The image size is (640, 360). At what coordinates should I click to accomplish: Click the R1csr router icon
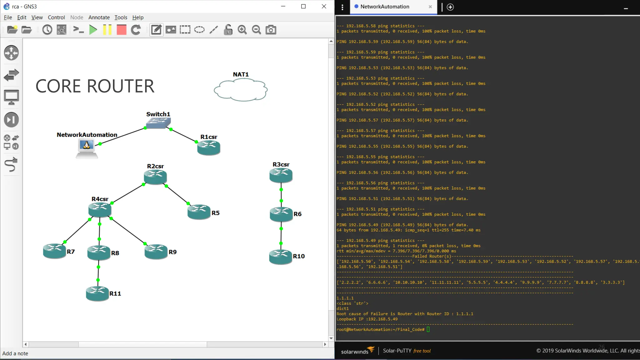click(208, 147)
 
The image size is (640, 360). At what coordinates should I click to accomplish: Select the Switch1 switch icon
click(158, 123)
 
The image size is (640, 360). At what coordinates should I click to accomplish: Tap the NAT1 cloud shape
click(241, 90)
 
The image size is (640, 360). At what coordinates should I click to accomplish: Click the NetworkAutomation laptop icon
click(87, 148)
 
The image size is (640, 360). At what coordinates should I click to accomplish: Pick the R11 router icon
click(97, 293)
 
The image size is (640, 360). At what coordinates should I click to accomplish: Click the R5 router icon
click(199, 212)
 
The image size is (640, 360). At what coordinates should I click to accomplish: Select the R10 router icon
click(280, 257)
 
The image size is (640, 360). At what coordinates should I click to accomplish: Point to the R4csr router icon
click(100, 209)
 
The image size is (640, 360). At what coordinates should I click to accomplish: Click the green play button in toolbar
click(93, 30)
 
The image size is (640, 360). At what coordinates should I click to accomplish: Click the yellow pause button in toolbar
click(107, 30)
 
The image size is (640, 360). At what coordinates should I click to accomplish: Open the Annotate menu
click(99, 17)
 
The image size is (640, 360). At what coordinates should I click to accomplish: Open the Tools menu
click(121, 17)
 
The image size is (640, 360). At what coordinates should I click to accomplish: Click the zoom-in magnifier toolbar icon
click(242, 30)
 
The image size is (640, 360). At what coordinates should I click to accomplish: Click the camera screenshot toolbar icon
click(271, 30)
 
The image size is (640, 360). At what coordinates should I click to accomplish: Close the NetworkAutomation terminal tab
click(430, 7)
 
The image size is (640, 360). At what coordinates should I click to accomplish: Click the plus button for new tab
click(450, 7)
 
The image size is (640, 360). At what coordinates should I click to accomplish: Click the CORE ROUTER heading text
click(95, 86)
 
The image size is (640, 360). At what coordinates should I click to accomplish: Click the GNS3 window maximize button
click(303, 7)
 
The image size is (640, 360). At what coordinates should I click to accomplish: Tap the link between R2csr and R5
click(177, 195)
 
